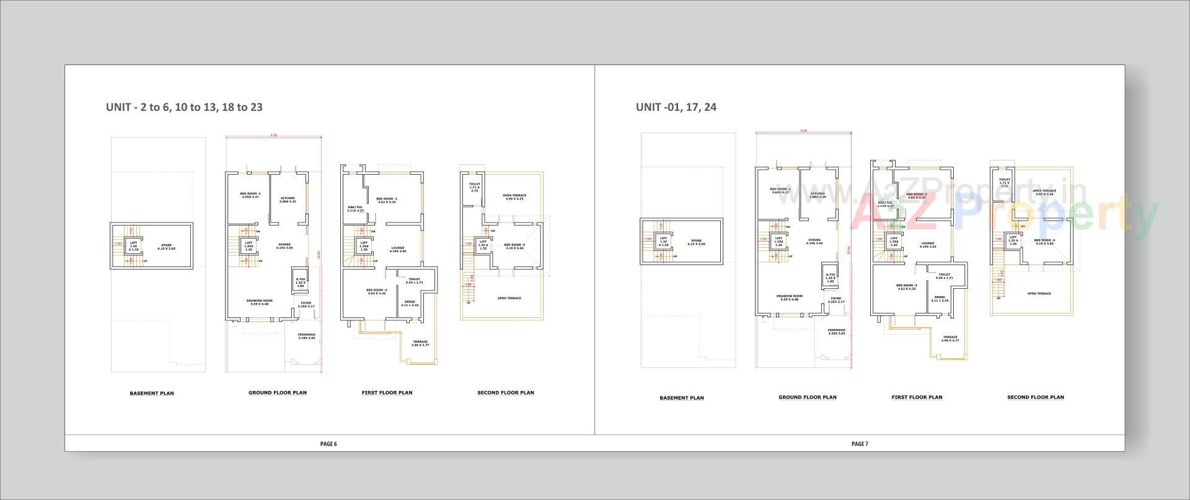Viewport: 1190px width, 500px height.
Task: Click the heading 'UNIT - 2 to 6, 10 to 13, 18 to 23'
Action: (x=184, y=107)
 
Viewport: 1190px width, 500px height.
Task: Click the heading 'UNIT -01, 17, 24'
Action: (x=676, y=107)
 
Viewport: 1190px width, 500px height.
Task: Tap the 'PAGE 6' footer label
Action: (x=328, y=444)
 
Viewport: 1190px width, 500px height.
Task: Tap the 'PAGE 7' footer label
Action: (x=860, y=444)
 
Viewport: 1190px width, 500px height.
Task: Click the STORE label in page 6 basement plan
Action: (x=166, y=247)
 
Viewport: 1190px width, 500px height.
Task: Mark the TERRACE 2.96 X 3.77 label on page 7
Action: (x=950, y=339)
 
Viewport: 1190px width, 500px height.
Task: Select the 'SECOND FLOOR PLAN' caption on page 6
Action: (x=505, y=393)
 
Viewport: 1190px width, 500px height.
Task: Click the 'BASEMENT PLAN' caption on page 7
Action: (x=681, y=398)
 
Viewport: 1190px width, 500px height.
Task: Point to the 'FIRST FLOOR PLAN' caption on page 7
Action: (x=917, y=397)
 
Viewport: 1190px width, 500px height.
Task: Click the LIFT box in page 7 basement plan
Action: (x=663, y=242)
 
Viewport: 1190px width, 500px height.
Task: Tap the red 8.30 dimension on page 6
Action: (x=273, y=135)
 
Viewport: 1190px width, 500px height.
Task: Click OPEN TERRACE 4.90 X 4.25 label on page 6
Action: (x=514, y=197)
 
